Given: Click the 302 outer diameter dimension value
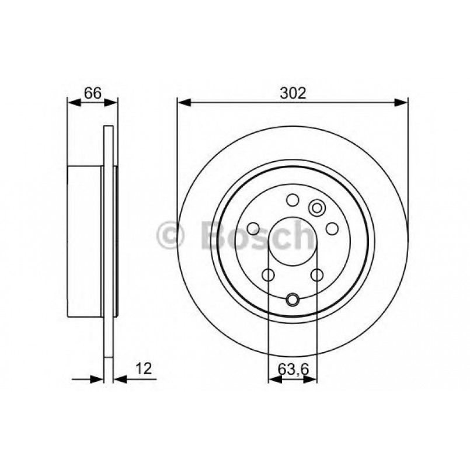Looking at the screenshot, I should [x=293, y=93].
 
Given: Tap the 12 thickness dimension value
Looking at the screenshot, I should [x=144, y=368].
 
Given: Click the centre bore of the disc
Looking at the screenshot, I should [x=292, y=241].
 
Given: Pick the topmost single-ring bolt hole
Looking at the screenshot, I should [x=292, y=200].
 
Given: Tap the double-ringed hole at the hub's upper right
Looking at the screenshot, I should [x=317, y=207].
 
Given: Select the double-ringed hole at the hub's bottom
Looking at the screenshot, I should [x=292, y=301].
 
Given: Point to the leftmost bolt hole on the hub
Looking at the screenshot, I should [x=253, y=228].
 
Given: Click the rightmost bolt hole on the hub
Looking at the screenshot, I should [x=332, y=228].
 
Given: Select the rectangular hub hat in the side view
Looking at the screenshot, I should [x=85, y=241].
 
